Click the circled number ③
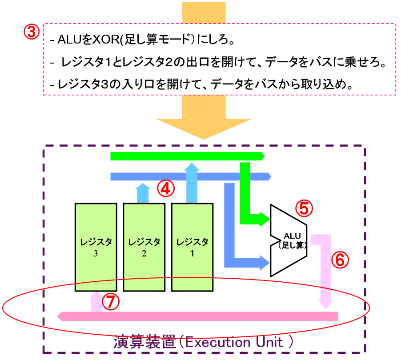(x=31, y=32)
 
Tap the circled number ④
(x=165, y=189)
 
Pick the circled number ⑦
(x=111, y=302)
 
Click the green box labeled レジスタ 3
(x=96, y=247)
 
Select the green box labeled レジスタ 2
(x=144, y=247)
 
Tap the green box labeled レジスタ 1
(x=192, y=247)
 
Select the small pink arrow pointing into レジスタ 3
(x=96, y=301)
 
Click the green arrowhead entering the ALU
(x=266, y=219)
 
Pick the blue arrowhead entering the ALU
(x=265, y=263)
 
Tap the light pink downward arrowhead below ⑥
(x=326, y=304)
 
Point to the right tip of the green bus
(x=263, y=156)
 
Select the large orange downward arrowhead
(x=204, y=129)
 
